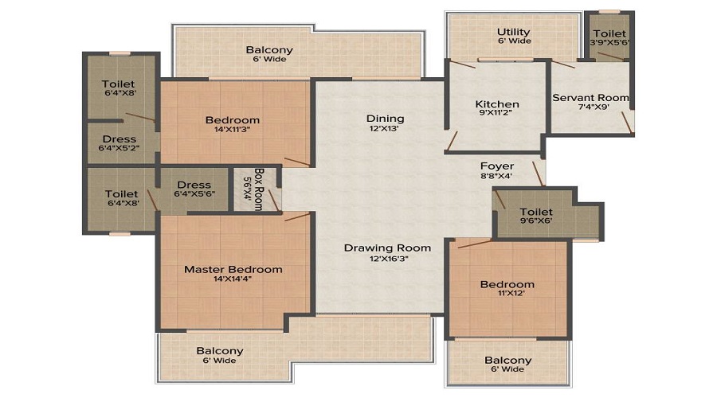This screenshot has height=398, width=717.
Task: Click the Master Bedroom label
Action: click(x=233, y=269)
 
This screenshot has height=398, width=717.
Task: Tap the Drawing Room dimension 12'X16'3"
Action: click(x=387, y=259)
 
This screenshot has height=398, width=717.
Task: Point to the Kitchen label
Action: click(x=497, y=104)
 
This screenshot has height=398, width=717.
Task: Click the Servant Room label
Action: click(x=590, y=98)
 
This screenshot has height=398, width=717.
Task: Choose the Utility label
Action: click(x=514, y=33)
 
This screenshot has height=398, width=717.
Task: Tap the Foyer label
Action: click(x=496, y=166)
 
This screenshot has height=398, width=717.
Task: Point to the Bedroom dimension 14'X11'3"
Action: click(x=233, y=131)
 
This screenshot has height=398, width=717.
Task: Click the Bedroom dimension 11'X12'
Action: click(x=507, y=295)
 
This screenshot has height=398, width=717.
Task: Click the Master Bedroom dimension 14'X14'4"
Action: click(x=233, y=280)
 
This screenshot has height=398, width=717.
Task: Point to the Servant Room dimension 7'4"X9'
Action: click(x=590, y=109)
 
